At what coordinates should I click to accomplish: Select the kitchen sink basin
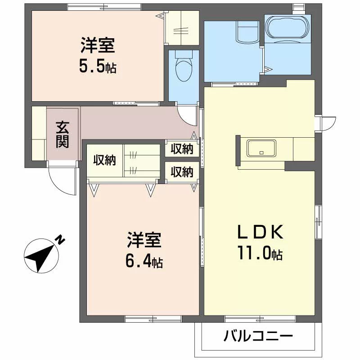click(x=261, y=148)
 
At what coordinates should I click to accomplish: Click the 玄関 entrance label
click(x=62, y=135)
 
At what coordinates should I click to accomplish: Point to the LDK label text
click(x=260, y=232)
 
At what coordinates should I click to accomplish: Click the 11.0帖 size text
click(x=260, y=253)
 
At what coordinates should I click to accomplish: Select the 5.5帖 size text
click(x=98, y=66)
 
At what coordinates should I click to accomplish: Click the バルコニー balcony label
click(x=258, y=336)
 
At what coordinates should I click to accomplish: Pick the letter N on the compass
click(x=61, y=240)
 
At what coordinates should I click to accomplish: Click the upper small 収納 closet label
click(x=182, y=149)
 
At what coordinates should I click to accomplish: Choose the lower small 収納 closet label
click(x=182, y=172)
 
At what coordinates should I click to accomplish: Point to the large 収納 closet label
click(x=104, y=160)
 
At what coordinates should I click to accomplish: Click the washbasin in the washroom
click(x=247, y=31)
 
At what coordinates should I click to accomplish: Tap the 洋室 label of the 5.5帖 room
click(x=98, y=45)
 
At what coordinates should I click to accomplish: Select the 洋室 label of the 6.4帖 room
click(x=144, y=240)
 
